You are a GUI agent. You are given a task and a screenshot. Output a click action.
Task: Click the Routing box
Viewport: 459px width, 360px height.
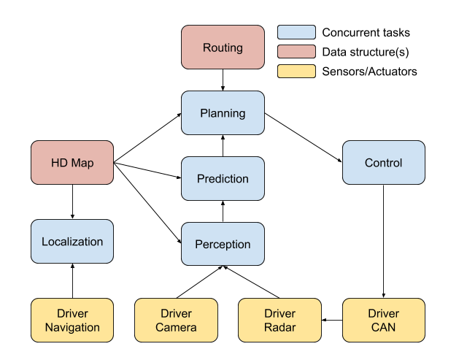tap(223, 47)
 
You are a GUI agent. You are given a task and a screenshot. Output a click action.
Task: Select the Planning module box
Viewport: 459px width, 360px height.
tap(223, 113)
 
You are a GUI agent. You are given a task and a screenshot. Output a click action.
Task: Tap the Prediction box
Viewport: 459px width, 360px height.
tap(223, 179)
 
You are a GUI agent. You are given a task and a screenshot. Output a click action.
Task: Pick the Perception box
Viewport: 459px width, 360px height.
tap(223, 245)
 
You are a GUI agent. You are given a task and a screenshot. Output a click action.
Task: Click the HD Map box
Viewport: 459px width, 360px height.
tap(72, 163)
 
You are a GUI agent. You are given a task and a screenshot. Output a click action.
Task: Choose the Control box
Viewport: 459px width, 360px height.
tap(383, 163)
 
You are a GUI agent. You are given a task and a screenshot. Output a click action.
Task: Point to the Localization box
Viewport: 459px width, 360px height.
tap(72, 242)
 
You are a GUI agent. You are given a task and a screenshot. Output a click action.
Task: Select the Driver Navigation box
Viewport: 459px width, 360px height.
tap(72, 320)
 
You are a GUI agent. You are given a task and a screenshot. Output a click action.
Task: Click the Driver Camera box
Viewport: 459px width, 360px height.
tap(176, 320)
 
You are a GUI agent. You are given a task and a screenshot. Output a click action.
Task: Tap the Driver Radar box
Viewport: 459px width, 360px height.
tap(279, 320)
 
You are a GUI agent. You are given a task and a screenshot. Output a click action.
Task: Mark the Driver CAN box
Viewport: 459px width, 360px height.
tap(383, 320)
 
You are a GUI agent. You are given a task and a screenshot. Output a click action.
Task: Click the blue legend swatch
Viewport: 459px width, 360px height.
tap(296, 32)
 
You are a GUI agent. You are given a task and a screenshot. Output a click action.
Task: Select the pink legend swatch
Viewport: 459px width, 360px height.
tap(296, 52)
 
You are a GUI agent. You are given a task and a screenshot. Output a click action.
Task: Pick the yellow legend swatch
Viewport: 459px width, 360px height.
tap(296, 72)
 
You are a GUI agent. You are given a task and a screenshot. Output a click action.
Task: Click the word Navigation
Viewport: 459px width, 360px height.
tap(72, 327)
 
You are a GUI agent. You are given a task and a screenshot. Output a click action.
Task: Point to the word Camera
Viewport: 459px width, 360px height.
tap(176, 327)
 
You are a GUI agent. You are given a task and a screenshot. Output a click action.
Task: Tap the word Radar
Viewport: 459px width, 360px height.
tap(279, 327)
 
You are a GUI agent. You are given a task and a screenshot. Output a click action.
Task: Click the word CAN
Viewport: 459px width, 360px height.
tap(383, 327)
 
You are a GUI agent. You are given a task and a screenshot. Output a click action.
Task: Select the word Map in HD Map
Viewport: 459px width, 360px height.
tap(82, 163)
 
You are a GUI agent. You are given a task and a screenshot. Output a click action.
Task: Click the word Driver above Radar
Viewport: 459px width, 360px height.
tap(279, 313)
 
